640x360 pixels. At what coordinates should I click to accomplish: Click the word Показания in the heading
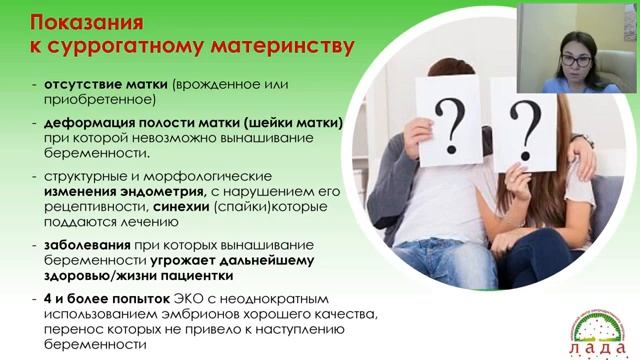(x=85, y=21)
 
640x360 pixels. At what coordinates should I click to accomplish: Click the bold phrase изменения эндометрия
(x=105, y=191)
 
